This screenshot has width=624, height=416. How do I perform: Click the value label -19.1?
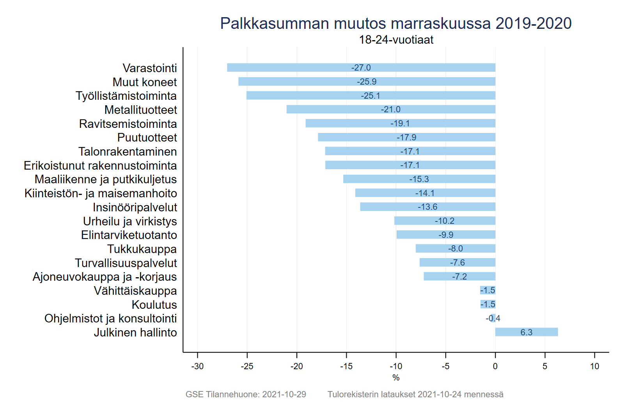tap(400, 123)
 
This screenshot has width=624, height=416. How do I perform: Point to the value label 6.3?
tap(526, 332)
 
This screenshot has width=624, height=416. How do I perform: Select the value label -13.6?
tap(427, 207)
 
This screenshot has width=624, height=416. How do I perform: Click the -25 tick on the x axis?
tap(247, 366)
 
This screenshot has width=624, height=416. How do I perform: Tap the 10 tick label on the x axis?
tap(594, 366)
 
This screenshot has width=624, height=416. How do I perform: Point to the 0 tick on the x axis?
tap(495, 366)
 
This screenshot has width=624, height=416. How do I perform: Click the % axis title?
tap(396, 377)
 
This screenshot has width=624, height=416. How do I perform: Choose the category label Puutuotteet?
tap(147, 138)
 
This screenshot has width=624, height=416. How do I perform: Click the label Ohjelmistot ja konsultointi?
tap(110, 319)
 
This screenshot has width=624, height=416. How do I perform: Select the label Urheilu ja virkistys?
tap(130, 221)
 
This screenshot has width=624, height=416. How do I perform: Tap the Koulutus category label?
tap(154, 304)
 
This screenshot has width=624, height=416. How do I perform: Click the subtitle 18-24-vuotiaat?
tap(396, 40)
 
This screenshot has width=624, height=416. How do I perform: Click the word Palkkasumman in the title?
tap(275, 23)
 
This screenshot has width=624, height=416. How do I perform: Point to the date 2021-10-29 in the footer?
tap(284, 394)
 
